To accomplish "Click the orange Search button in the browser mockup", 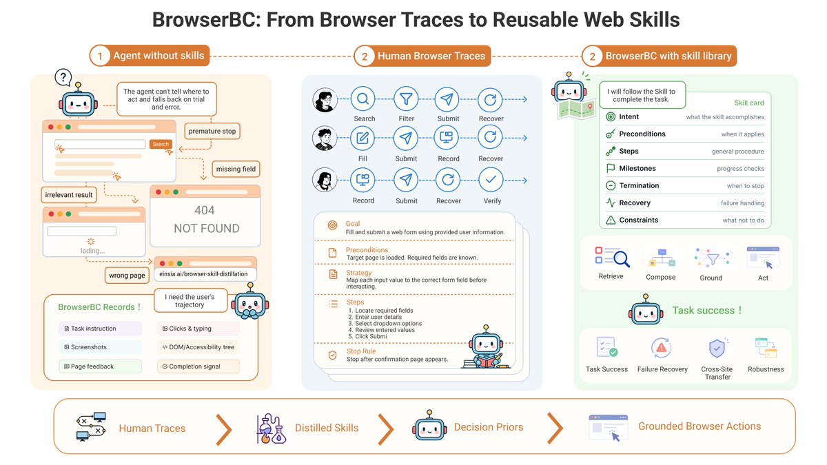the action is pos(161,144).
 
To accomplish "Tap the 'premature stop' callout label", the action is pos(212,131).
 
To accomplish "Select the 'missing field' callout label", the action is pos(236,169).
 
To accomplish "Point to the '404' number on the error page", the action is pos(205,210).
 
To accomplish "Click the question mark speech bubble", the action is pos(63,77).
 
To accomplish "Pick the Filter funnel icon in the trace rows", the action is pos(406,99).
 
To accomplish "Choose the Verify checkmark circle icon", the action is pos(491,180).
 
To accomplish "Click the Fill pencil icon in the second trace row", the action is pos(363,138).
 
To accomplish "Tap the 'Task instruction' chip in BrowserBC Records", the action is pos(100,329).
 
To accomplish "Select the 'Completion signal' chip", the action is pos(198,366).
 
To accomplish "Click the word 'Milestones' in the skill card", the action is pos(637,168).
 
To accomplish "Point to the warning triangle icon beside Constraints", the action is pos(611,220).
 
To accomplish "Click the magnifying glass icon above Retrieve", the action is pos(622,259).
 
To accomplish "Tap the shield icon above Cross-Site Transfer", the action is pos(717,348).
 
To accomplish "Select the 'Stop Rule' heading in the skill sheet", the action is pos(361,351).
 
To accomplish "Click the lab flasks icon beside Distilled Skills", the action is pos(271,428).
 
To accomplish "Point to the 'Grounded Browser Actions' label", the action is pos(700,426).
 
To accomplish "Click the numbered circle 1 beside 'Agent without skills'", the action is pos(100,56).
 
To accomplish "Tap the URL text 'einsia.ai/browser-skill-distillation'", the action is pos(203,274).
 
